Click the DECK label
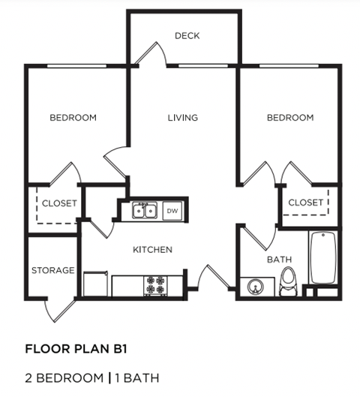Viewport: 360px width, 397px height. pyautogui.click(x=187, y=35)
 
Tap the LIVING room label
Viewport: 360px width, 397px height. pyautogui.click(x=182, y=118)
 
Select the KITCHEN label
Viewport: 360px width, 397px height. pyautogui.click(x=153, y=249)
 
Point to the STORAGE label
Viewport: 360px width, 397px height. pyautogui.click(x=52, y=270)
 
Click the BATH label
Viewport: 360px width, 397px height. pyautogui.click(x=279, y=260)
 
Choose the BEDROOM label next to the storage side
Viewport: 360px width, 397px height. pyautogui.click(x=73, y=118)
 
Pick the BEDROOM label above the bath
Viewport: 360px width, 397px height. pyautogui.click(x=290, y=118)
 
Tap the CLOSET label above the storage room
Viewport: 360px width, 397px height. pyautogui.click(x=59, y=203)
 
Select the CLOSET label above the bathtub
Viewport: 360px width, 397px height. pyautogui.click(x=306, y=203)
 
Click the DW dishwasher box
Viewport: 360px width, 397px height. pyautogui.click(x=172, y=211)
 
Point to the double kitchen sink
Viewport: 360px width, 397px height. pyautogui.click(x=144, y=211)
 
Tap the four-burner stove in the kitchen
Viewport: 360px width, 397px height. pyautogui.click(x=155, y=285)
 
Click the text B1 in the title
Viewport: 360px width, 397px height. pyautogui.click(x=101, y=348)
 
